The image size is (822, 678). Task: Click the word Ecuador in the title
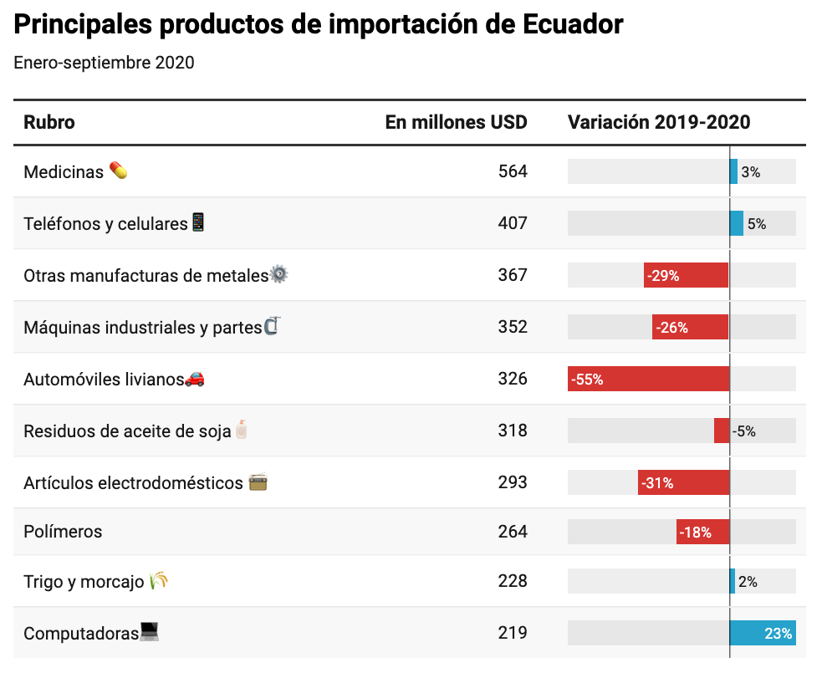pos(573,24)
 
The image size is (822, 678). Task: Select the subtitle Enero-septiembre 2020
pos(104,63)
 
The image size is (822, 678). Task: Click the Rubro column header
pos(49,122)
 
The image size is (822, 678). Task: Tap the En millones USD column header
pos(456,122)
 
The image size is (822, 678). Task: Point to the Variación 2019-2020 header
pos(659,122)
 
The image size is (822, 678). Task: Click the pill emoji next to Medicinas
pos(119,171)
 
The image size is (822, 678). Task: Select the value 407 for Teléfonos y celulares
pos(513,223)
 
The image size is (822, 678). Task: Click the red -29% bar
pos(686,275)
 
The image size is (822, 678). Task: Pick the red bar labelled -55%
pos(648,379)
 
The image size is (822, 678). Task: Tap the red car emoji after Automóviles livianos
pos(194,379)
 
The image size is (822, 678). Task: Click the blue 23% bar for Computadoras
pos(763,633)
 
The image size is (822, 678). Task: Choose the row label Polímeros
pos(63,532)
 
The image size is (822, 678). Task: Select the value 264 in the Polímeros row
pos(513,532)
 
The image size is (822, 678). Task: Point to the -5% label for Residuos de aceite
pos(744,431)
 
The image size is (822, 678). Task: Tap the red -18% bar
pos(702,532)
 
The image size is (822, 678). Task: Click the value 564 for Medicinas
pos(513,171)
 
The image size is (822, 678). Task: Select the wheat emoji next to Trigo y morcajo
pos(159,580)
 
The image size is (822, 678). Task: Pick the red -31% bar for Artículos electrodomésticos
pos(683,482)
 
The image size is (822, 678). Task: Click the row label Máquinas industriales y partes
pos(142,327)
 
